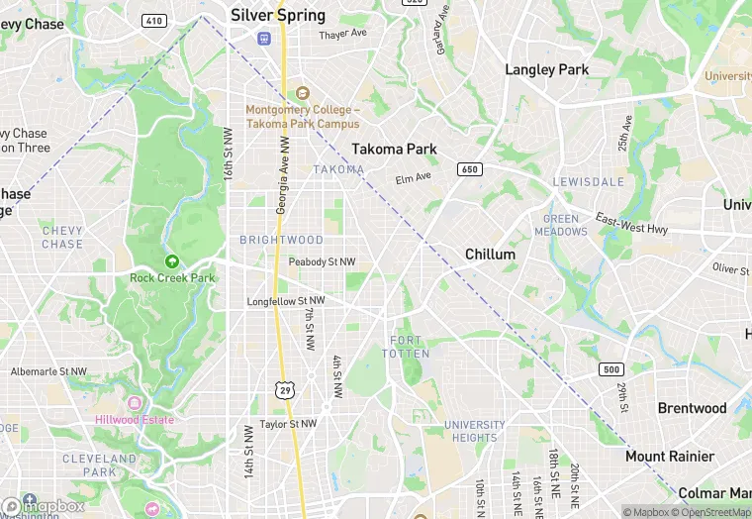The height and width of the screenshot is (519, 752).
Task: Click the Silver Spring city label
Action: [278, 15]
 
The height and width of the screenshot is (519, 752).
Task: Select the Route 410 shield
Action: [154, 20]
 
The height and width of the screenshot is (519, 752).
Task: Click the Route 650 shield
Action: [471, 169]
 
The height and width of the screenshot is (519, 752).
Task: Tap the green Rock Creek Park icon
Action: [172, 261]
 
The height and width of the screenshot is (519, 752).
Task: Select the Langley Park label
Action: [547, 69]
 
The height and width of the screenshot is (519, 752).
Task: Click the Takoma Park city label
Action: [394, 149]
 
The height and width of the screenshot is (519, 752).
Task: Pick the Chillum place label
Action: [491, 255]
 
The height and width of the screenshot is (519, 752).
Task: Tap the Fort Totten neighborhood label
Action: [411, 347]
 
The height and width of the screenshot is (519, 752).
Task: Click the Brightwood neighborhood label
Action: [281, 240]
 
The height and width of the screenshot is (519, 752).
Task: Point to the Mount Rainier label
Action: [670, 457]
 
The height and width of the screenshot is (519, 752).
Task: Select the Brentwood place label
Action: [693, 408]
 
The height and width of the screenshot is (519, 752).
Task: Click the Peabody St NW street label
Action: [322, 261]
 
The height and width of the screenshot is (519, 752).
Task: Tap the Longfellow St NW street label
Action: [286, 301]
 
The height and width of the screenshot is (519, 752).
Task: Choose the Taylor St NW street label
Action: [288, 424]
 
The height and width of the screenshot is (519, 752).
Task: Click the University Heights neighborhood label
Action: [475, 432]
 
